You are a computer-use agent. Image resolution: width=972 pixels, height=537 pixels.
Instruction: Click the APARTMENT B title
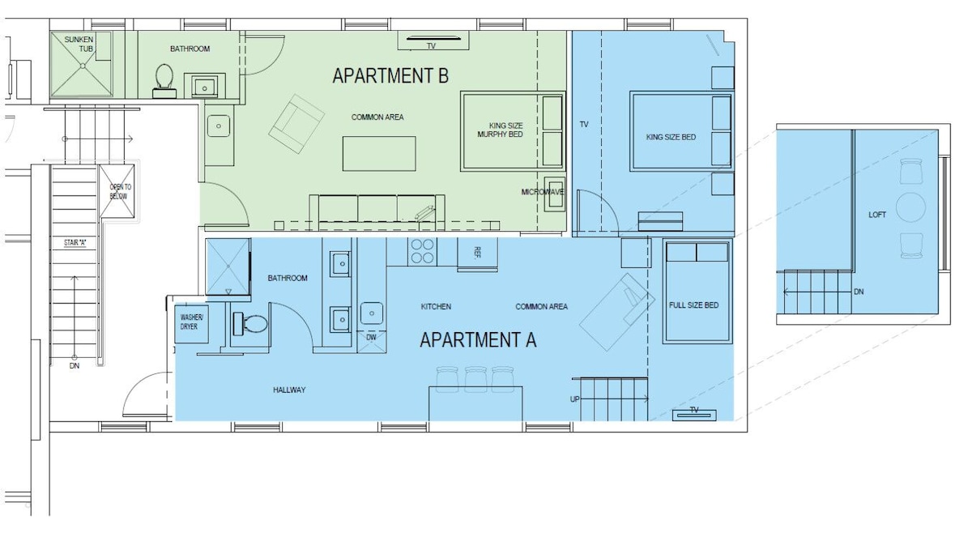[390, 76]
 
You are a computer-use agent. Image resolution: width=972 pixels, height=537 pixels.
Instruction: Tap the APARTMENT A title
[478, 340]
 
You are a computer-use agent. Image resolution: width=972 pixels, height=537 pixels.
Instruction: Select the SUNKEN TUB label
[79, 44]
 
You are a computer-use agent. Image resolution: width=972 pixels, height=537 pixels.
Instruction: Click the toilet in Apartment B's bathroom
[164, 81]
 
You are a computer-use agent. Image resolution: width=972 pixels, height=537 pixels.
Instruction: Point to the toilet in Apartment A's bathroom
[250, 324]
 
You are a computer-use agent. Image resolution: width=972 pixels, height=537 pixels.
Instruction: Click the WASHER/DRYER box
[191, 324]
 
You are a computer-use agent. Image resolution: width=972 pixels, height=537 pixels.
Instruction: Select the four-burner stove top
[422, 252]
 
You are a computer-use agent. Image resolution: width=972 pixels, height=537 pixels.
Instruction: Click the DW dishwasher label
[371, 337]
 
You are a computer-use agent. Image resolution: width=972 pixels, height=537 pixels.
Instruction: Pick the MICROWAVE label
[543, 192]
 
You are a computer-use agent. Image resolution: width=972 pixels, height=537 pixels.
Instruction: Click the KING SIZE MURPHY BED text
[501, 130]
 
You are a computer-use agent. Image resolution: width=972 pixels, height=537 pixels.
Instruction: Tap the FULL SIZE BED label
[694, 305]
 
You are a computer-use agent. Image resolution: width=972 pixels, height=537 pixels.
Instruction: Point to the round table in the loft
[910, 207]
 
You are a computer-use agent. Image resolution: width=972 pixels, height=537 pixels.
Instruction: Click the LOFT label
[877, 215]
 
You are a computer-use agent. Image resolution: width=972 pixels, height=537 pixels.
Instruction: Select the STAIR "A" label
[75, 243]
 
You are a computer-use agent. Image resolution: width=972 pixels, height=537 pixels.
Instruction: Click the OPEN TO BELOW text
[120, 191]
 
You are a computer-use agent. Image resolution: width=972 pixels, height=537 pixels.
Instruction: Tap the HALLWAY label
[289, 390]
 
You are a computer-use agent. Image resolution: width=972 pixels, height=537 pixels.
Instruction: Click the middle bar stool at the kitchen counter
[475, 379]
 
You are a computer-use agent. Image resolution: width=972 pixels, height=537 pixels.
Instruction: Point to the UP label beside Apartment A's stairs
[574, 399]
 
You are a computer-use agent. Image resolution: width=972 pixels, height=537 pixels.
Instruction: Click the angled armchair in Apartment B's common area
[296, 124]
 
